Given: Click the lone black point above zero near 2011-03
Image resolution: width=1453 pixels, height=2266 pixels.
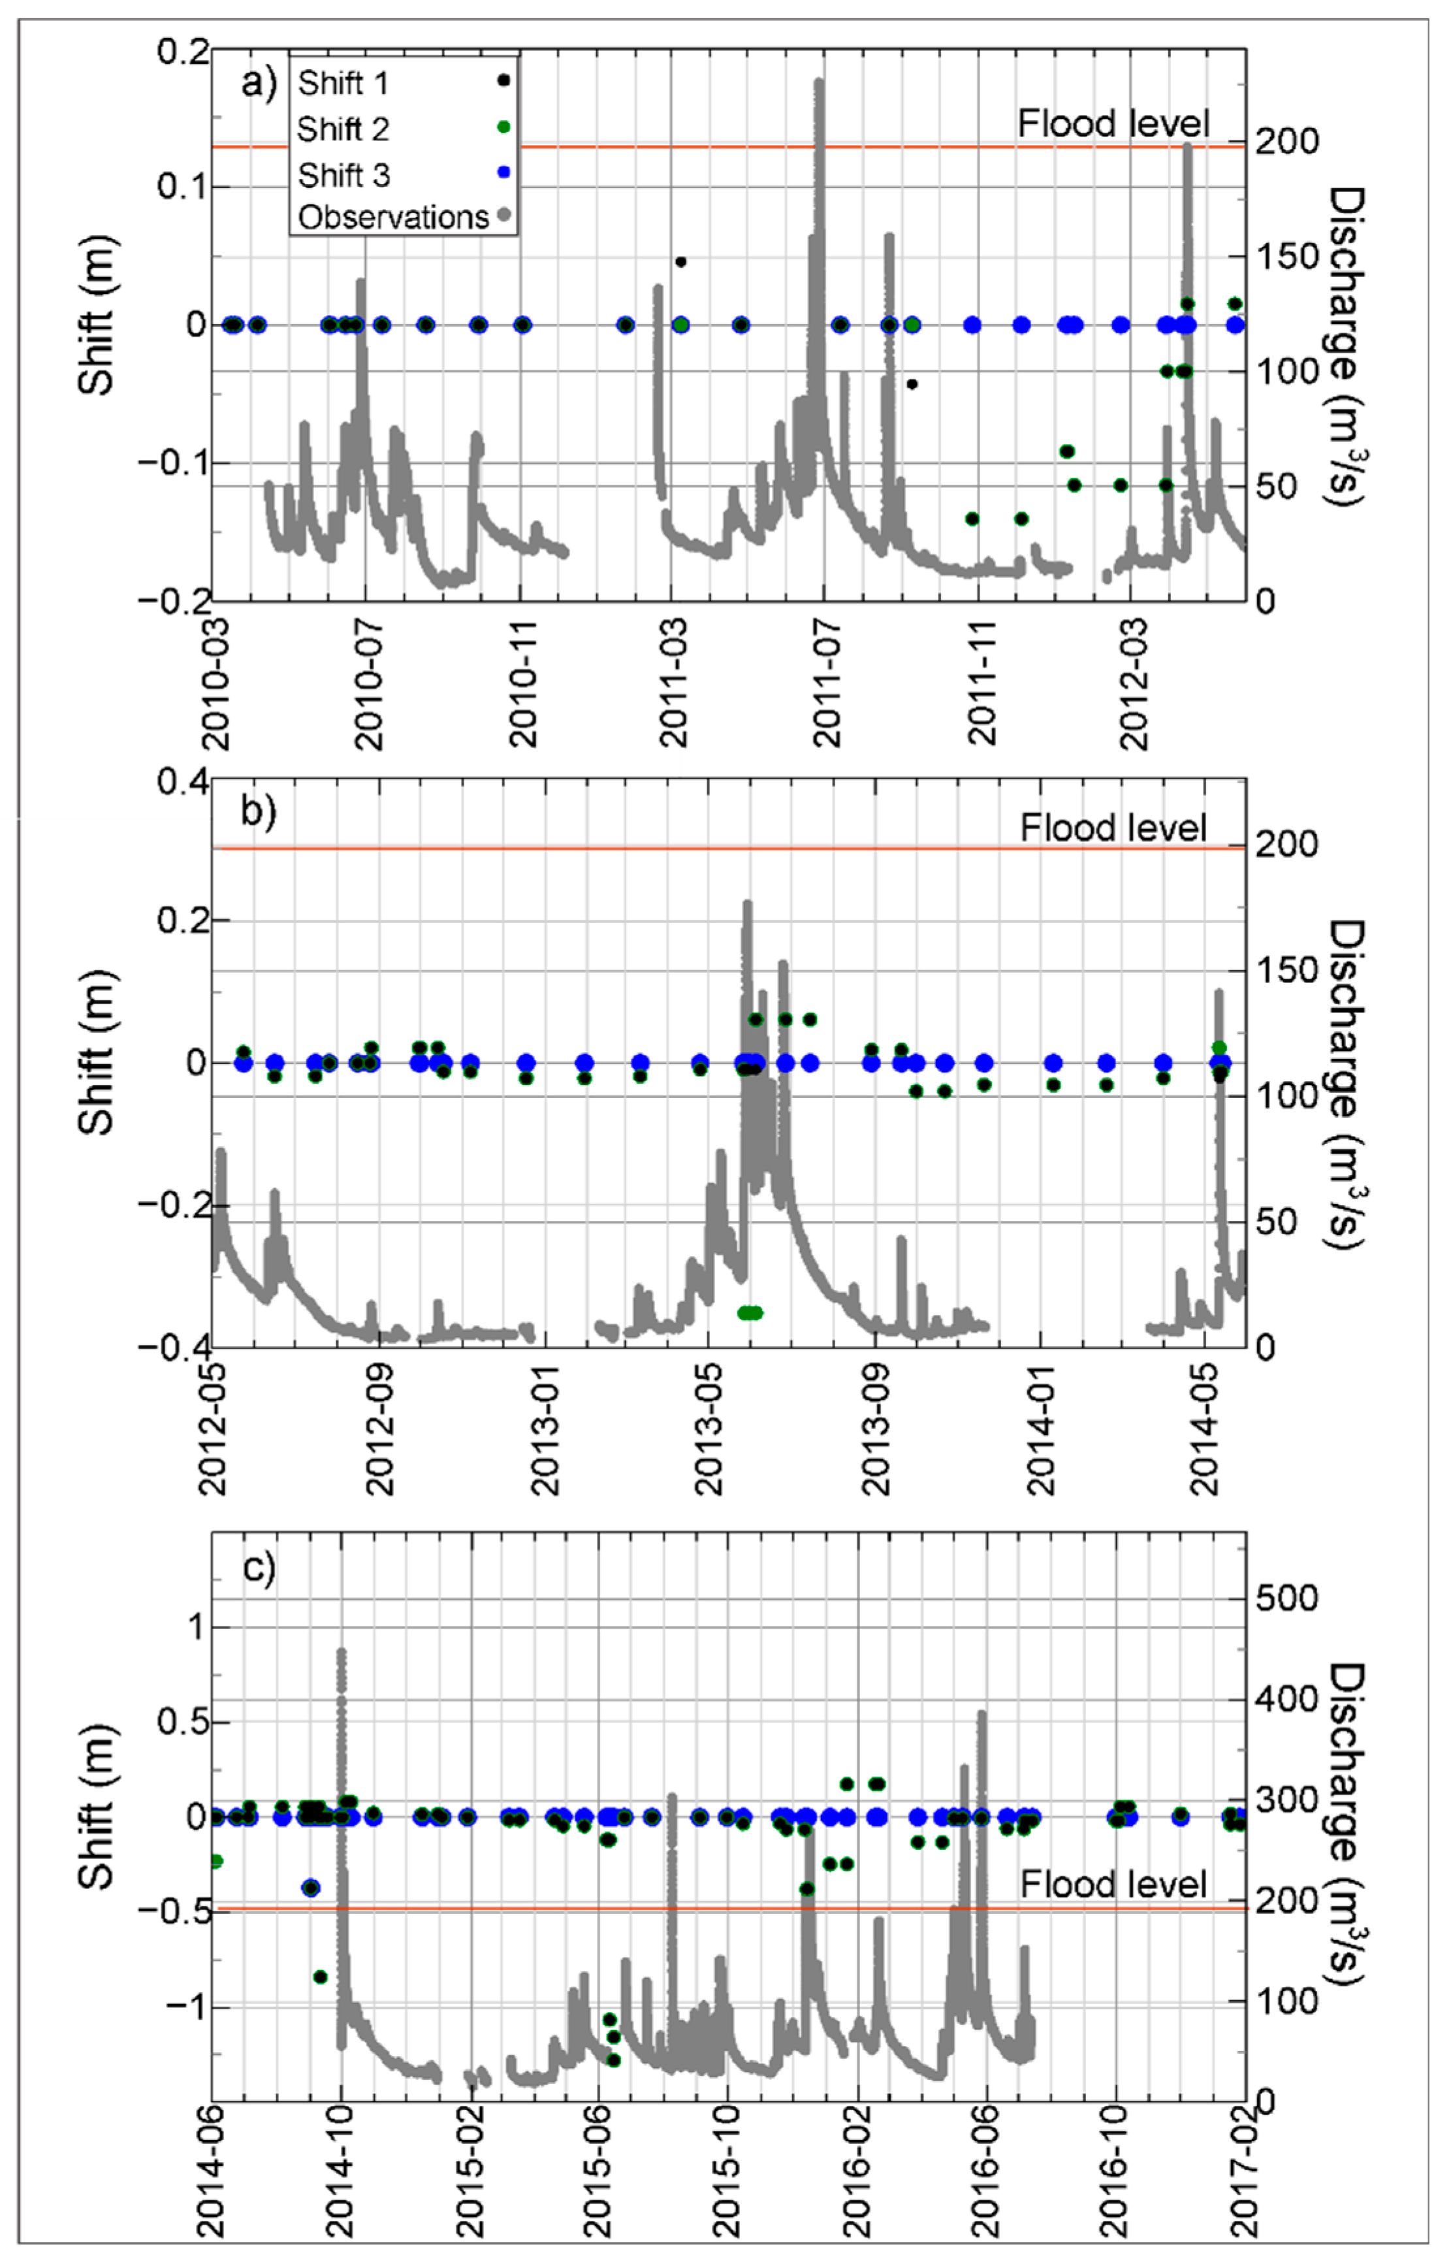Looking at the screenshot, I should [x=680, y=261].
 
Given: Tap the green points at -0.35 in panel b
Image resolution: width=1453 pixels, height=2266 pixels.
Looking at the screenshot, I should [x=750, y=1312].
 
